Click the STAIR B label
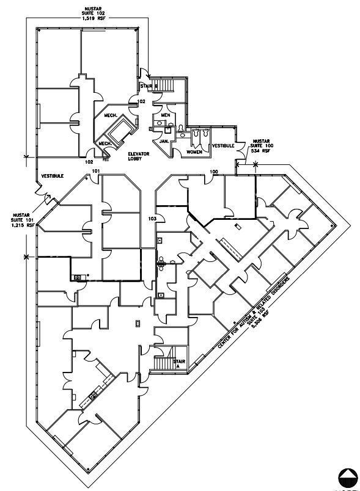pos(147,86)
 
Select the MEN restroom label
pos(165,115)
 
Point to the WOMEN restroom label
pos(194,151)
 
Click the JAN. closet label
pos(164,140)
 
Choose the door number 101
pos(95,172)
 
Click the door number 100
pos(213,172)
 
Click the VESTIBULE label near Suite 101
pos(53,176)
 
